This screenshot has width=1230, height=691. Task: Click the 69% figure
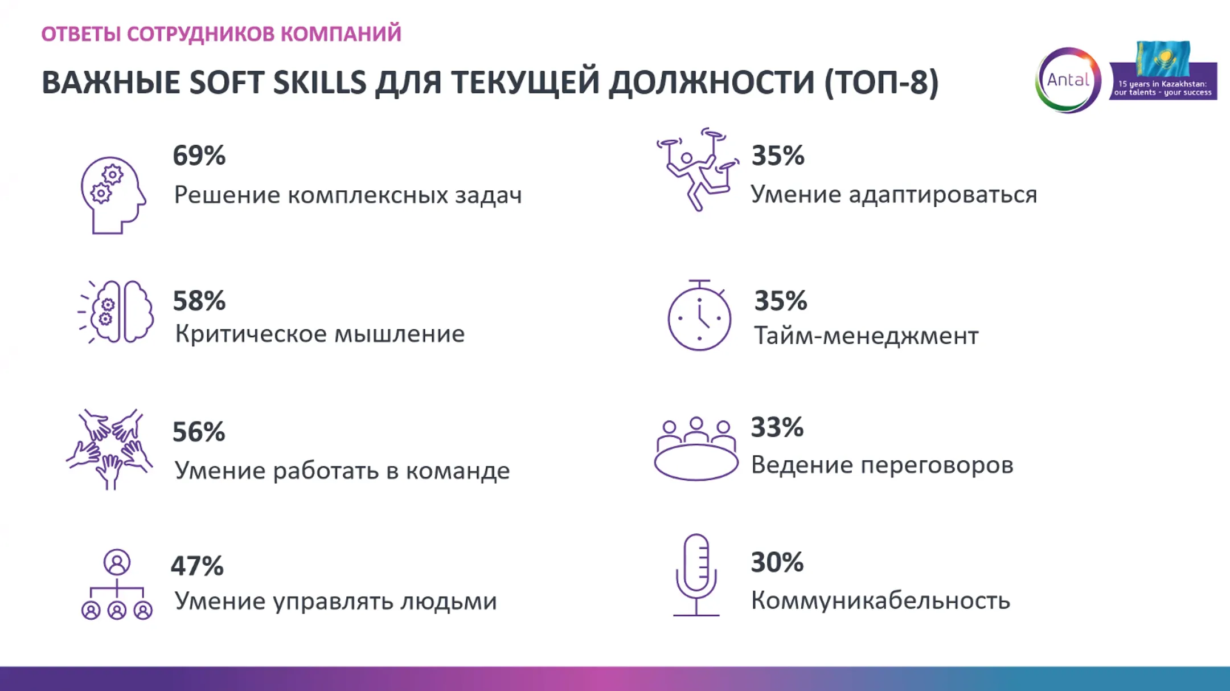click(x=199, y=156)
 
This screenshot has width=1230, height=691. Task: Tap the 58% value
click(x=199, y=301)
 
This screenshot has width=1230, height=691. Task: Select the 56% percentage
click(x=199, y=432)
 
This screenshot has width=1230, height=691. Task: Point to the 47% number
click(x=197, y=566)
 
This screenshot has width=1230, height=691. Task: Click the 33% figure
click(x=777, y=427)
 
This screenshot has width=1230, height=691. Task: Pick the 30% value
click(x=777, y=562)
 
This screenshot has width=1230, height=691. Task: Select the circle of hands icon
click(x=110, y=448)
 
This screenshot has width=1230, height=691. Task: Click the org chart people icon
click(x=117, y=584)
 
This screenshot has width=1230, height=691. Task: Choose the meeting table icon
click(x=695, y=449)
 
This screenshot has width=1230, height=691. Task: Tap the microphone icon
click(x=696, y=575)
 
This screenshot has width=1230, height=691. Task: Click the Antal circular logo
click(x=1068, y=80)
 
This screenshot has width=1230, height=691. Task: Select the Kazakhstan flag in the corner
click(x=1162, y=58)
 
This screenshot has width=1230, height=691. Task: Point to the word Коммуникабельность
click(x=880, y=600)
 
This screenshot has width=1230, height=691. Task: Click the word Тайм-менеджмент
click(x=866, y=336)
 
